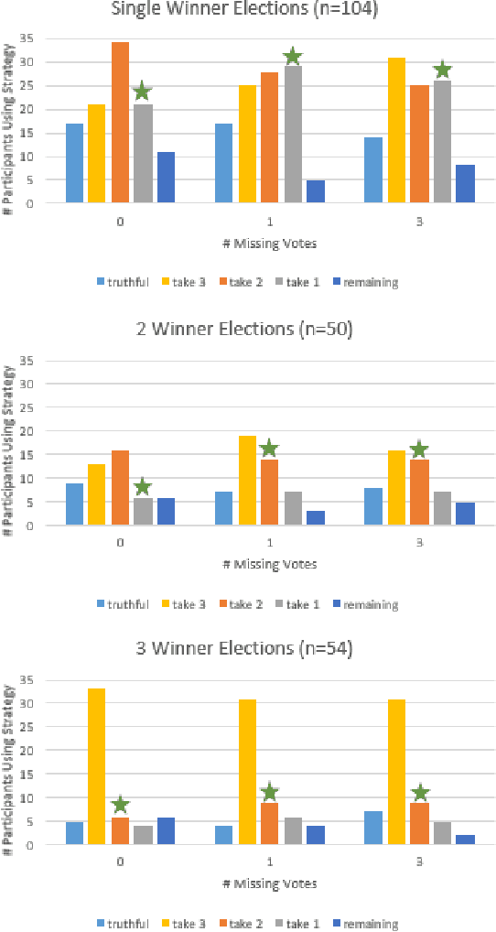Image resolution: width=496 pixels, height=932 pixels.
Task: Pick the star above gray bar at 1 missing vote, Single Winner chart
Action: pos(292,57)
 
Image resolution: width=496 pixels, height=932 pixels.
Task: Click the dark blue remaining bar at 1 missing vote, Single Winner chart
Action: pos(315,191)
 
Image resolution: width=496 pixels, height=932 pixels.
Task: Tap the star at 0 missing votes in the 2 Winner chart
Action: pos(142,486)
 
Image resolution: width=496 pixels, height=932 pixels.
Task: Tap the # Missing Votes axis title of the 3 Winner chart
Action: pos(271,883)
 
